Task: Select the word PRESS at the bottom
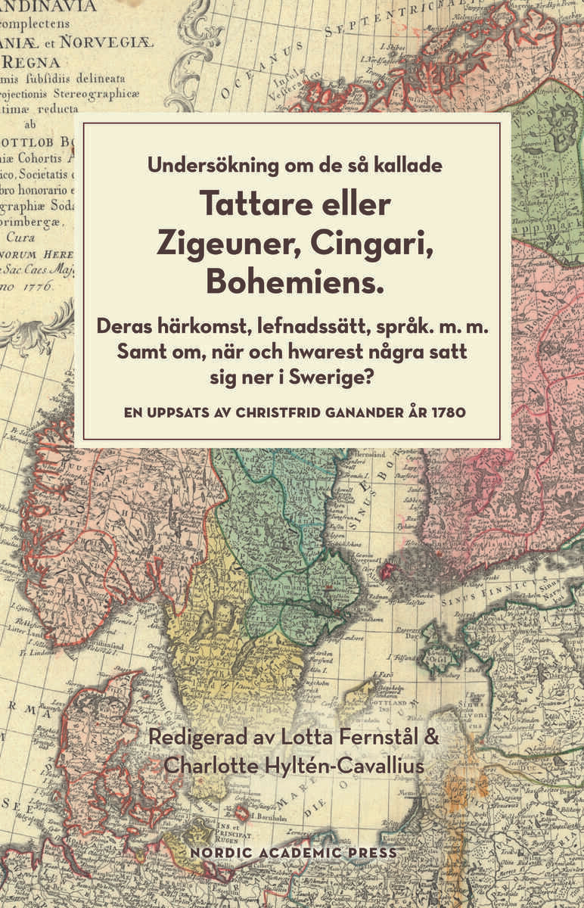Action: pos(370,852)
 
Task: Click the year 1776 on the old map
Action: pos(36,287)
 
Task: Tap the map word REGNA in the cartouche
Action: pos(29,61)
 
